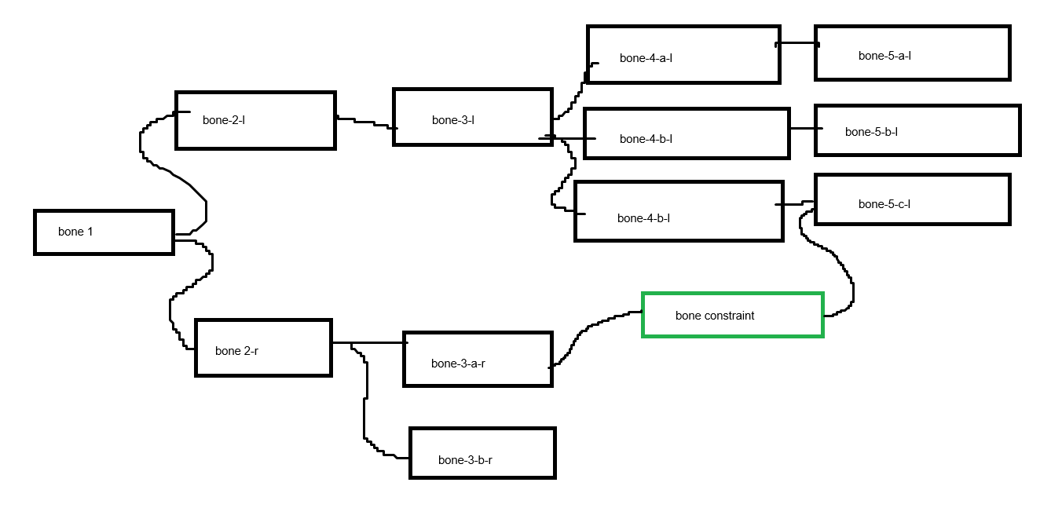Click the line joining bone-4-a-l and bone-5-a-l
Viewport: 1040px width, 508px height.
[x=797, y=43]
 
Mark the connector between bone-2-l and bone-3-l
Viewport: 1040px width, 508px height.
[x=364, y=122]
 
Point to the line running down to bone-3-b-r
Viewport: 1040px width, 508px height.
[x=364, y=399]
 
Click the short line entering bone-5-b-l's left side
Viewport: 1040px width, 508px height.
[x=806, y=128]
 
